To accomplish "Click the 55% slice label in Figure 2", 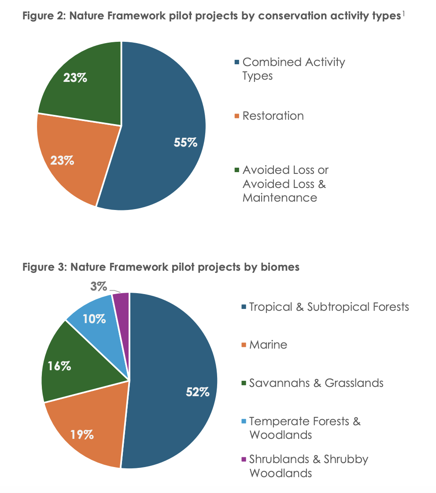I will [x=185, y=143].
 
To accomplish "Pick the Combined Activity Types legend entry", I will [x=293, y=69].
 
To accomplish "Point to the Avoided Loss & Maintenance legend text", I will [x=285, y=184].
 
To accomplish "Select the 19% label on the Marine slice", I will [x=82, y=434].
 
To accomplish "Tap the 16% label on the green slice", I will [x=60, y=366].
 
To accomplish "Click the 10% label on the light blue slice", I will [x=94, y=319].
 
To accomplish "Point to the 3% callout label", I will [x=99, y=287].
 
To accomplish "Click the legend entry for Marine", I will [x=268, y=345].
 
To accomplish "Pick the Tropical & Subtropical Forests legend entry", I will [x=329, y=307].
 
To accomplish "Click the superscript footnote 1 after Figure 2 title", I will [x=403, y=15].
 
